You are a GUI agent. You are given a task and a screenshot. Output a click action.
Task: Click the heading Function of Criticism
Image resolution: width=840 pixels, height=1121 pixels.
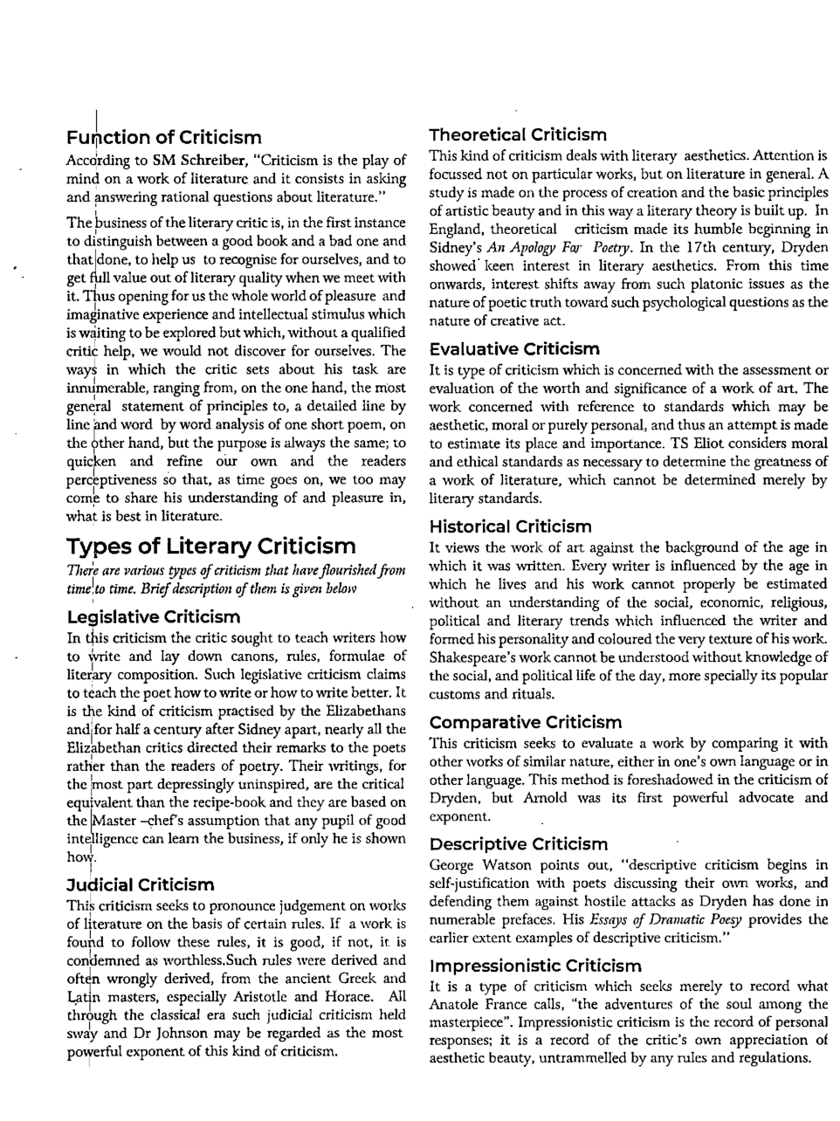coord(163,138)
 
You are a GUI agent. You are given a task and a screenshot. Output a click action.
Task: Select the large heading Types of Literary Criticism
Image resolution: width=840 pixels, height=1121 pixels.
coord(210,547)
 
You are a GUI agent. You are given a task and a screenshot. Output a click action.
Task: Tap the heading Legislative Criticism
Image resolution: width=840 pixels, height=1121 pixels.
coord(153,617)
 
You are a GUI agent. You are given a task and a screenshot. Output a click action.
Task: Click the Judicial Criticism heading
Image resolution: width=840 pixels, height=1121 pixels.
coord(140,885)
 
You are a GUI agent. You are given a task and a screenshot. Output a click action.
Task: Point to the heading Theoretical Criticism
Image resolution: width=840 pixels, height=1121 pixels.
coord(518,134)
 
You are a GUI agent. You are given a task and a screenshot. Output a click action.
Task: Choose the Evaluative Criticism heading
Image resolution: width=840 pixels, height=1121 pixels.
coord(514,349)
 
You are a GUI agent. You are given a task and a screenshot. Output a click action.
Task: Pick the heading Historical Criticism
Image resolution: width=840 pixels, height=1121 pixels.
coord(510,526)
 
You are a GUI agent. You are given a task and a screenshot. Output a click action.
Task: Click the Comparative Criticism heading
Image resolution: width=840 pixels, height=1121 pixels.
coord(526,722)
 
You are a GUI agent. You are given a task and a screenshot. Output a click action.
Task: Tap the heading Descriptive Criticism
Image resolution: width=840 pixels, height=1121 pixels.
coord(519,844)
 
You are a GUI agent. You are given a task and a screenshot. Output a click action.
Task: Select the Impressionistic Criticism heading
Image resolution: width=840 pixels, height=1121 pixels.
coord(535,966)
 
